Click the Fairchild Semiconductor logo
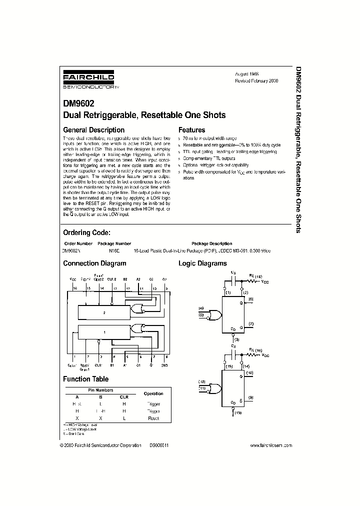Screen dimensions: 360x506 click(88, 80)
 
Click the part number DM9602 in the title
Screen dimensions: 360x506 click(78, 105)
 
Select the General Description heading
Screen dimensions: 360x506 click(93, 130)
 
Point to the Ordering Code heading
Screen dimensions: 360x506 click(86, 232)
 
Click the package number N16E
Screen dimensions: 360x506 click(114, 250)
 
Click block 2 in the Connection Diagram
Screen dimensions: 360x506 click(104, 312)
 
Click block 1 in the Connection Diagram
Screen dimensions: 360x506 click(104, 331)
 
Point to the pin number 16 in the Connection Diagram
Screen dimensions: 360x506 click(74, 288)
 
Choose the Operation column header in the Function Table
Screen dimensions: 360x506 click(153, 393)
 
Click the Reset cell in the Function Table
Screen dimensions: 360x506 click(153, 417)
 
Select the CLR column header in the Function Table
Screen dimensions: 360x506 click(124, 396)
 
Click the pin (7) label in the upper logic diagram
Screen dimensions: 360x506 click(251, 324)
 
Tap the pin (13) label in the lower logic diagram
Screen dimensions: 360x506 click(237, 412)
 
